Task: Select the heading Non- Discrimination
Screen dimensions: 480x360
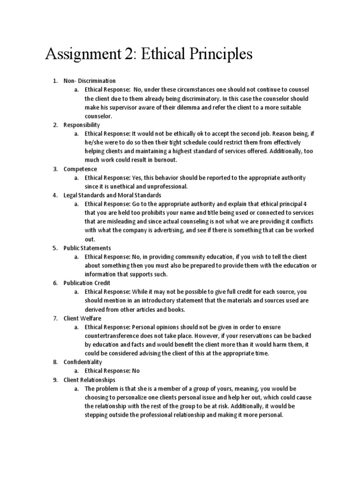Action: [x=90, y=81]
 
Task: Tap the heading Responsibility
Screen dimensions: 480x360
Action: [x=82, y=125]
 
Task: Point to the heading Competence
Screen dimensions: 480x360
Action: [x=80, y=169]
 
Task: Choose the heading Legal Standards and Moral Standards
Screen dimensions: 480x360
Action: [x=112, y=195]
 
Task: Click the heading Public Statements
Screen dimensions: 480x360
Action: [x=87, y=247]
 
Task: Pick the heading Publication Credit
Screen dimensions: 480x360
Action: [x=87, y=283]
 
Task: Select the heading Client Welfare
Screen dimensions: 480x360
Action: [x=82, y=318]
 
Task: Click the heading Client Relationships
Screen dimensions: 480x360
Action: [x=90, y=380]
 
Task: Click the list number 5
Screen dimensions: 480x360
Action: [x=55, y=247]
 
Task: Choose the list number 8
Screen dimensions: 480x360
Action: [x=55, y=362]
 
